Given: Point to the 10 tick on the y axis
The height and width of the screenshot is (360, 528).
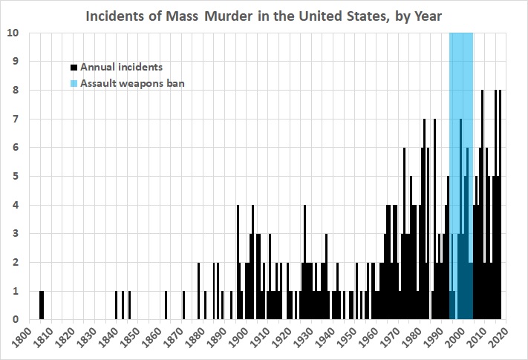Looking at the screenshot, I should coord(13,33).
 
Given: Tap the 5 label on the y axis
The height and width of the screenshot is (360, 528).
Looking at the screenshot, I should coord(16,177).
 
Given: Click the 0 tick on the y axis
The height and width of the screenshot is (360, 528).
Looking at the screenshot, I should coord(16,320).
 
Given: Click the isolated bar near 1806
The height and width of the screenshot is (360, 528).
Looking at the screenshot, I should coord(42,305).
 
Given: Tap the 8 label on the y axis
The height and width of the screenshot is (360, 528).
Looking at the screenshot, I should coord(16,91).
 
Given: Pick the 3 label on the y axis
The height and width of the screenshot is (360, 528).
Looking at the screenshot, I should coord(16,234).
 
